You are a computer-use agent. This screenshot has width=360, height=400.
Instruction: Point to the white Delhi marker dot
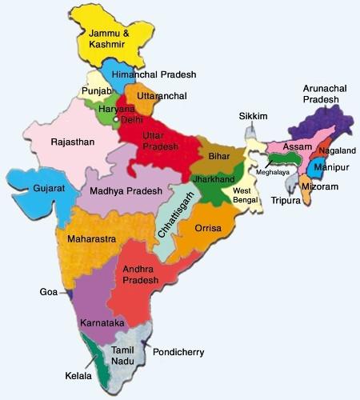tap(117, 120)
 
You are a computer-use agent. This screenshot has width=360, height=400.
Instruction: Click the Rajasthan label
tap(73, 142)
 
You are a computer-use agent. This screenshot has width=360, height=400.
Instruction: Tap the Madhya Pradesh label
tap(126, 191)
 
